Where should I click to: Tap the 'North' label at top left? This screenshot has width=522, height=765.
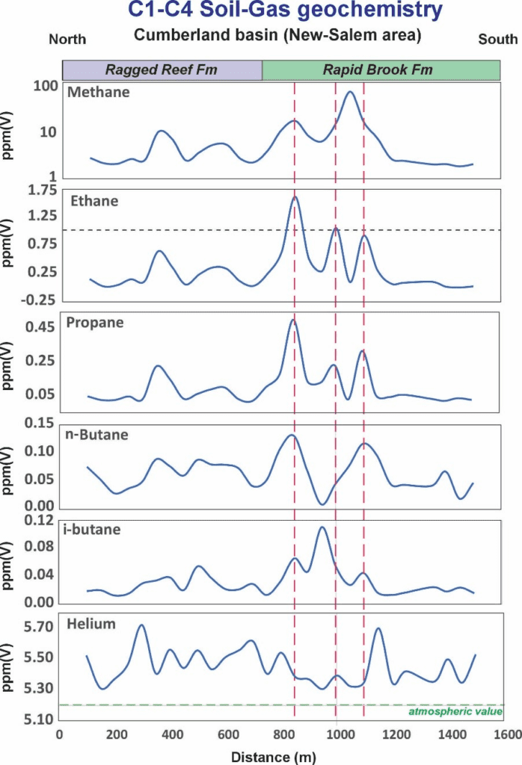[x=67, y=39]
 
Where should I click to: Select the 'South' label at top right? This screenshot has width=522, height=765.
[x=497, y=39]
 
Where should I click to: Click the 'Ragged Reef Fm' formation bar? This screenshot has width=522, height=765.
[x=162, y=70]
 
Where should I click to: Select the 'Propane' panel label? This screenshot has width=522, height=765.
[x=95, y=323]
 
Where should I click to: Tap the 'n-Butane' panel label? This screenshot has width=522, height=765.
[x=97, y=434]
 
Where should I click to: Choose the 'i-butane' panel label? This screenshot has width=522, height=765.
[x=96, y=530]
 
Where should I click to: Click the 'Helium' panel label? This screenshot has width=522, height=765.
[x=91, y=623]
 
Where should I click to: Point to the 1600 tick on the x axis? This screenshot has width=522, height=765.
[x=503, y=735]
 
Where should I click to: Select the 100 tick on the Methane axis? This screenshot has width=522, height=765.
[x=46, y=87]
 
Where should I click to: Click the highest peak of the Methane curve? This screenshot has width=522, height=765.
[x=349, y=93]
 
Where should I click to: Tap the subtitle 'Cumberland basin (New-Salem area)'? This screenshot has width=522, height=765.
[x=277, y=35]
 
